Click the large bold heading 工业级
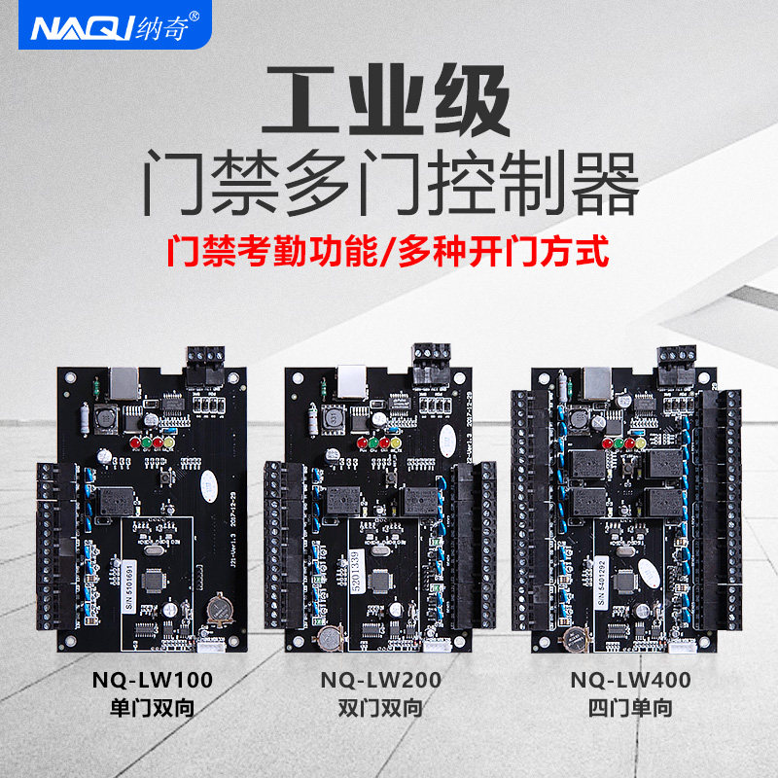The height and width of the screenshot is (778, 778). click(x=389, y=104)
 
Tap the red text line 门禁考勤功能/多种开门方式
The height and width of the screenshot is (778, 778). click(x=388, y=252)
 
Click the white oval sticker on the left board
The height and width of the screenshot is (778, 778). click(x=207, y=479)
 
